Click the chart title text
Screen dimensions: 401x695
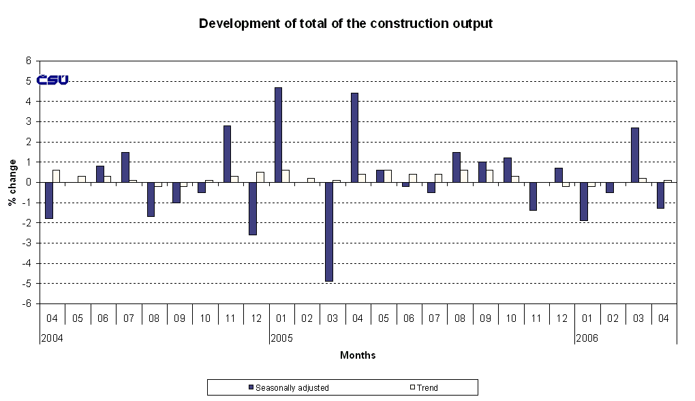point(345,24)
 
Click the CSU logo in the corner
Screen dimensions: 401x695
point(52,80)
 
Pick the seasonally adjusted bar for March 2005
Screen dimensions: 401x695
point(328,232)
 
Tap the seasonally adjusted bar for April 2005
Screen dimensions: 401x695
point(354,138)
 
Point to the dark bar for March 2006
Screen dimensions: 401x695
point(634,155)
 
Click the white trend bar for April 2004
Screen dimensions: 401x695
point(56,176)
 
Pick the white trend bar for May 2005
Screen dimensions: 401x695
point(388,176)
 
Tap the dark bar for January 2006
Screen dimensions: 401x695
point(584,201)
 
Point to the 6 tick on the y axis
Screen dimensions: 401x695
point(29,61)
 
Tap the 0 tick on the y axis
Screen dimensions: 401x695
point(29,182)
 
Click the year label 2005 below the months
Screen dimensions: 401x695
point(281,338)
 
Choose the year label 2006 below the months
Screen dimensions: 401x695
point(586,338)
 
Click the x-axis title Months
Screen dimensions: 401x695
point(358,355)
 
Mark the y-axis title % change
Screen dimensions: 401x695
point(12,182)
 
